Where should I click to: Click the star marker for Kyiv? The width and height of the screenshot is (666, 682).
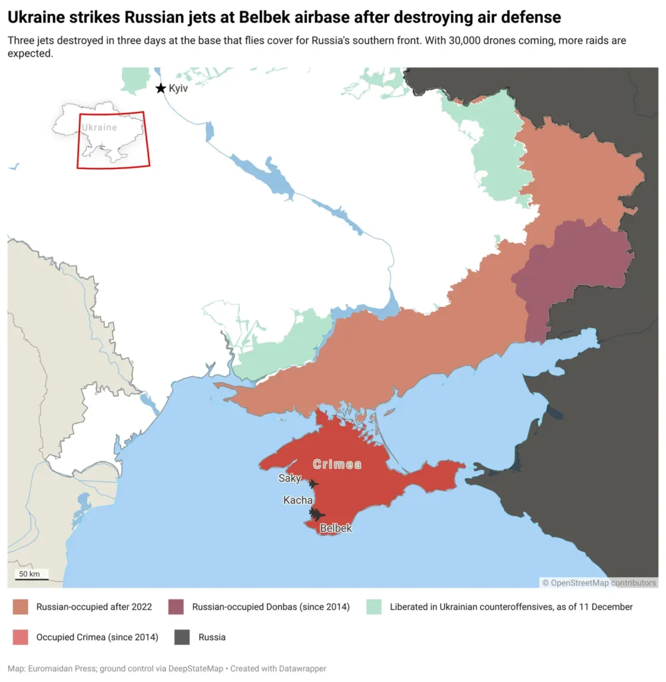click(161, 89)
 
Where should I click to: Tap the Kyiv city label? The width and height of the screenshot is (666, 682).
click(178, 89)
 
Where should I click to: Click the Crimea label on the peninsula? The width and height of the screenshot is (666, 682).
click(337, 464)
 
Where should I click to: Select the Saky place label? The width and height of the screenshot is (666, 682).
click(290, 478)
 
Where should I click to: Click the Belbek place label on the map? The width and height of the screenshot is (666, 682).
click(336, 528)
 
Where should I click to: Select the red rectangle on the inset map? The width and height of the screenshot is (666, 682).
click(113, 140)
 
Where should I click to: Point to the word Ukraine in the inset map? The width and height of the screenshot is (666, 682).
click(99, 127)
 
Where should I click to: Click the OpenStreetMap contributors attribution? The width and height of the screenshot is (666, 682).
click(599, 583)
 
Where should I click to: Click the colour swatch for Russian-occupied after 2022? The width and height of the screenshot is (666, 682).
click(21, 607)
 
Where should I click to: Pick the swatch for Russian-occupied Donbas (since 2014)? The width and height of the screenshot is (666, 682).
click(176, 607)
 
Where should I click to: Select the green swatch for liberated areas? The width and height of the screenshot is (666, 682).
click(374, 607)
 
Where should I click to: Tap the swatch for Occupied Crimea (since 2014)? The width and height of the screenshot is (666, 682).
click(21, 637)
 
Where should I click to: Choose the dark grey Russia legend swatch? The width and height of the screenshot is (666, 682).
click(182, 637)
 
